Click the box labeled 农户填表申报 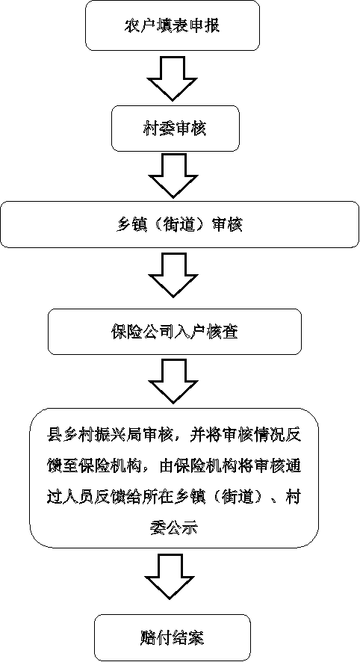pyautogui.click(x=173, y=25)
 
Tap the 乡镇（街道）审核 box pyautogui.click(x=180, y=224)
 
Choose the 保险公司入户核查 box pyautogui.click(x=174, y=332)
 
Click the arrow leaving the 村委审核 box pyautogui.click(x=173, y=175)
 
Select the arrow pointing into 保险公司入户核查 pyautogui.click(x=173, y=274)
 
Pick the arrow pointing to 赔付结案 pyautogui.click(x=173, y=576)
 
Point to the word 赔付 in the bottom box pyautogui.click(x=155, y=637)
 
